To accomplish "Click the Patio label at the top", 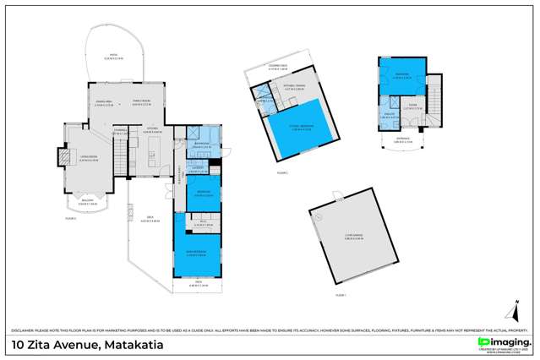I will click(x=113, y=57).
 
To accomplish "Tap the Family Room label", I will click(x=142, y=103).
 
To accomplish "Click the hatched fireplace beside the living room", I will click(x=61, y=156).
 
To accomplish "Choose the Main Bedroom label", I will click(x=197, y=254).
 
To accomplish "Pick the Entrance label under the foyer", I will click(x=403, y=141).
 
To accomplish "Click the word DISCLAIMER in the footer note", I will click(x=25, y=329).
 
